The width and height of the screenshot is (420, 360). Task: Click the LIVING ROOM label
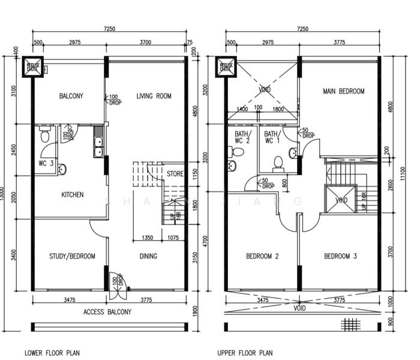click(x=154, y=96)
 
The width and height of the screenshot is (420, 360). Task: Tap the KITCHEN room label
click(x=72, y=194)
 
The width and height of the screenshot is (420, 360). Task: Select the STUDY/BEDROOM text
click(x=72, y=256)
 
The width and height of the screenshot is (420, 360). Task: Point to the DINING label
click(x=148, y=256)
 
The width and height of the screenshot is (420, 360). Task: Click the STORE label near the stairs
click(x=175, y=175)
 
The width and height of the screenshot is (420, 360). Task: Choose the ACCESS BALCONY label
click(x=107, y=311)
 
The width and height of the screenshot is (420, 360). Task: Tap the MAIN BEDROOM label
click(x=344, y=92)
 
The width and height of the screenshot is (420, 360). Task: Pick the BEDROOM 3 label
click(x=341, y=256)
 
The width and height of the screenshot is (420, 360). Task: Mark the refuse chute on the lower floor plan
click(x=31, y=67)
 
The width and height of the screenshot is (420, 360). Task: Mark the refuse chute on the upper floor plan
click(x=226, y=67)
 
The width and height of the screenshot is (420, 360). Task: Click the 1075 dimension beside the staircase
click(x=173, y=238)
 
